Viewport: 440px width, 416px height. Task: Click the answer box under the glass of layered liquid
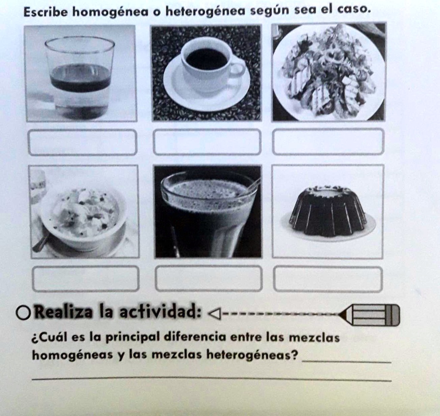[82, 142]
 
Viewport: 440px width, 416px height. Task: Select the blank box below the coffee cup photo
[207, 142]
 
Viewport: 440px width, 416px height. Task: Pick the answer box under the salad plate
[328, 142]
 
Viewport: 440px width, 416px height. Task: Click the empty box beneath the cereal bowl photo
[86, 278]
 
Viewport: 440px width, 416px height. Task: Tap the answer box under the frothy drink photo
[209, 278]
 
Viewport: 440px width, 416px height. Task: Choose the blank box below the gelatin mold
[328, 279]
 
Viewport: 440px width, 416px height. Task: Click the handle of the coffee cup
[238, 69]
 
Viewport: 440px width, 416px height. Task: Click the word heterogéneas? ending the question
[253, 355]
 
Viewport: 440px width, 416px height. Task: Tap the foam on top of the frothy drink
[208, 190]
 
